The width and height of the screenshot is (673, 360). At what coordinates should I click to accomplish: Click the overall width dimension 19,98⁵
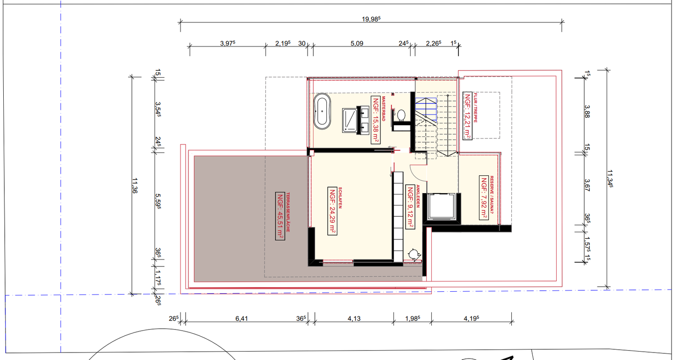371,19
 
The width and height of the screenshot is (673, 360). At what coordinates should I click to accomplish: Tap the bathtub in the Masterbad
322,111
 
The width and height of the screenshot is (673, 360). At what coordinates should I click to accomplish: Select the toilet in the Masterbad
401,116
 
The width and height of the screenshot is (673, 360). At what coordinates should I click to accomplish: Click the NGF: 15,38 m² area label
376,120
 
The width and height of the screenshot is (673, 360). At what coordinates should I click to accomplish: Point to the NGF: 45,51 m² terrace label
280,216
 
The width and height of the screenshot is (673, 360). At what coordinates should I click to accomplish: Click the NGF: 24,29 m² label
332,211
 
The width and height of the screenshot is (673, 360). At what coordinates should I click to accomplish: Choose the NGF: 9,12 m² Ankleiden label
410,207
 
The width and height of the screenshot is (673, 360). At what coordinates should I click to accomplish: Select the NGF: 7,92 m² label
484,198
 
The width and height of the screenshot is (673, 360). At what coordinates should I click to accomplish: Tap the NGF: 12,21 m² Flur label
467,115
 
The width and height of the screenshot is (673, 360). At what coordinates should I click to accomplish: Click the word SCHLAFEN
340,198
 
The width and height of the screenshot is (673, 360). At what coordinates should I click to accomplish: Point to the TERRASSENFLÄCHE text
288,212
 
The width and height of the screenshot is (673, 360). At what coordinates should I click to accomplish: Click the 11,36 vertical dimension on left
135,186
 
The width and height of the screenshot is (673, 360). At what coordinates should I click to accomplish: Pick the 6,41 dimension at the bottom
242,318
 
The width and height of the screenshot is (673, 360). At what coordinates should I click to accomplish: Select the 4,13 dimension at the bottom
354,318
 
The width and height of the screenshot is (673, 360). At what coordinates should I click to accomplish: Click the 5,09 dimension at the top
357,43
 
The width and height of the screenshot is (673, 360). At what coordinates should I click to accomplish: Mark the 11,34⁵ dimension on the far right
610,179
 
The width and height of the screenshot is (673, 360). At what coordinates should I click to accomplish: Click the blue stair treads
426,110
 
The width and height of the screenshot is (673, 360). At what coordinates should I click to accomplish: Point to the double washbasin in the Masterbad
363,120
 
